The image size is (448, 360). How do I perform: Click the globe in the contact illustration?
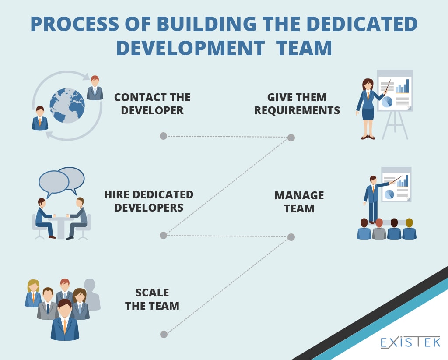(x=67, y=106)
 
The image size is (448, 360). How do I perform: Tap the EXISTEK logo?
(x=410, y=342)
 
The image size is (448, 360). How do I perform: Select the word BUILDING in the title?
(x=207, y=24)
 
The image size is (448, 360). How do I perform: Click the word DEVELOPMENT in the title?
(x=191, y=48)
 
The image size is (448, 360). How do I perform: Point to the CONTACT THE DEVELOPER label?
(x=152, y=104)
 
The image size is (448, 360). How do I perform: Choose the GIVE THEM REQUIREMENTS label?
(x=297, y=104)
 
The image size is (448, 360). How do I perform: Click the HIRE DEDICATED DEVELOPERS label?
(x=149, y=201)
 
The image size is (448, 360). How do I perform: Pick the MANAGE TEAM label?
(x=299, y=202)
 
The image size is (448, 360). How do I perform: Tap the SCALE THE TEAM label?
(x=152, y=299)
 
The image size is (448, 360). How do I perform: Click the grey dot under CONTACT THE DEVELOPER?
(x=164, y=136)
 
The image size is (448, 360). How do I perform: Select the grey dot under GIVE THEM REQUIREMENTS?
(x=291, y=138)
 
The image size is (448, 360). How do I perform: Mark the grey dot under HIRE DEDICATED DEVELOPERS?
(x=164, y=235)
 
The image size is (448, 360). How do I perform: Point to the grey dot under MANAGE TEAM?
(x=291, y=237)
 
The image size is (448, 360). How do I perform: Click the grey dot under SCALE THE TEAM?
(x=164, y=334)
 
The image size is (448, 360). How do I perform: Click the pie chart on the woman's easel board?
(x=387, y=102)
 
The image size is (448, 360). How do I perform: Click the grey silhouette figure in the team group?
(x=91, y=294)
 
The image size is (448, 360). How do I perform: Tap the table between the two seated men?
(x=61, y=228)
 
